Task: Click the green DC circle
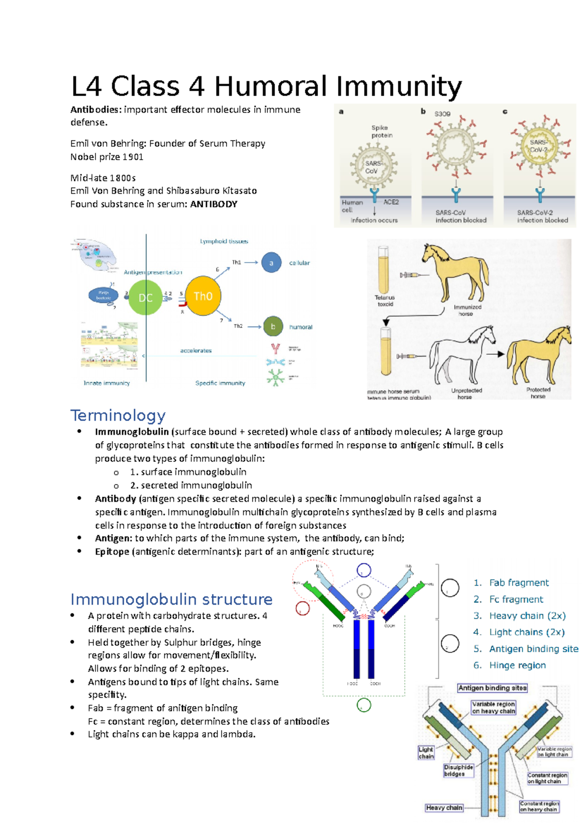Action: tap(145, 297)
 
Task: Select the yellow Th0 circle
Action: tap(203, 296)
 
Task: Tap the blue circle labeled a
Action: tap(271, 263)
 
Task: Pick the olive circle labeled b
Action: tap(273, 327)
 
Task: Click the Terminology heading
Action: tap(118, 415)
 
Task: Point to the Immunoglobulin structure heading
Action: tap(171, 599)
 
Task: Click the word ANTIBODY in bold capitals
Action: tap(214, 204)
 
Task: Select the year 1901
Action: tap(133, 157)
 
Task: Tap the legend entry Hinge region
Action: tap(517, 665)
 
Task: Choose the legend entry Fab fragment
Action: tap(518, 582)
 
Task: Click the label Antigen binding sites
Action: tap(492, 688)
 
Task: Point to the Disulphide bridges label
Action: tap(458, 770)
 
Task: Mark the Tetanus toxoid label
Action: tap(385, 301)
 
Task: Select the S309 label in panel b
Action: tap(442, 114)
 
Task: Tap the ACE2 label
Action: tap(391, 202)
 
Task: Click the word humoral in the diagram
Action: tap(301, 327)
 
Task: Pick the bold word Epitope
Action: tap(112, 551)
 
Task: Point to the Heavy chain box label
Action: tap(444, 808)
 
